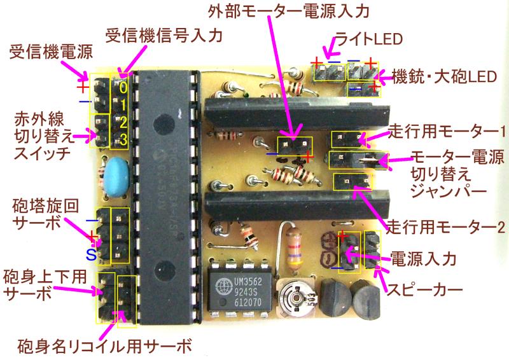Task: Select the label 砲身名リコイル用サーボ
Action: pyautogui.click(x=106, y=347)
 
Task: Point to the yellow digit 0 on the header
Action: pyautogui.click(x=123, y=87)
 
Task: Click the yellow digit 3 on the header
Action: pyautogui.click(x=123, y=138)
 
